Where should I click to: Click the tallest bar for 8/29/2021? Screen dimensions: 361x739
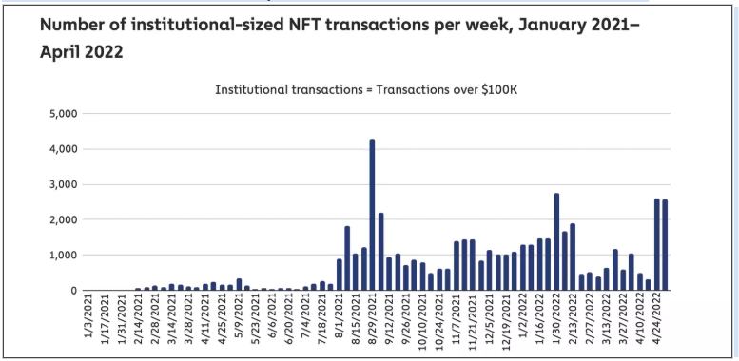point(372,215)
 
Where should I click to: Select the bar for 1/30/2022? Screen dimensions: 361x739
point(556,242)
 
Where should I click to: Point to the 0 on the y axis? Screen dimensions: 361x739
point(73,291)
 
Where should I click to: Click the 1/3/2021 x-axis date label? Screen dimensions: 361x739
point(88,320)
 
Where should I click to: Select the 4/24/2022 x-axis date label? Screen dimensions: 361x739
point(656,320)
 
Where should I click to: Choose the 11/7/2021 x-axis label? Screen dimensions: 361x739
point(457,320)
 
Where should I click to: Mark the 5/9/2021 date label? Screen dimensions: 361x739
point(240,320)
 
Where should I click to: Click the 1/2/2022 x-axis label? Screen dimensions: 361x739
point(523,320)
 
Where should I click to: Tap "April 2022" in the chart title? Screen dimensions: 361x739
point(82,52)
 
